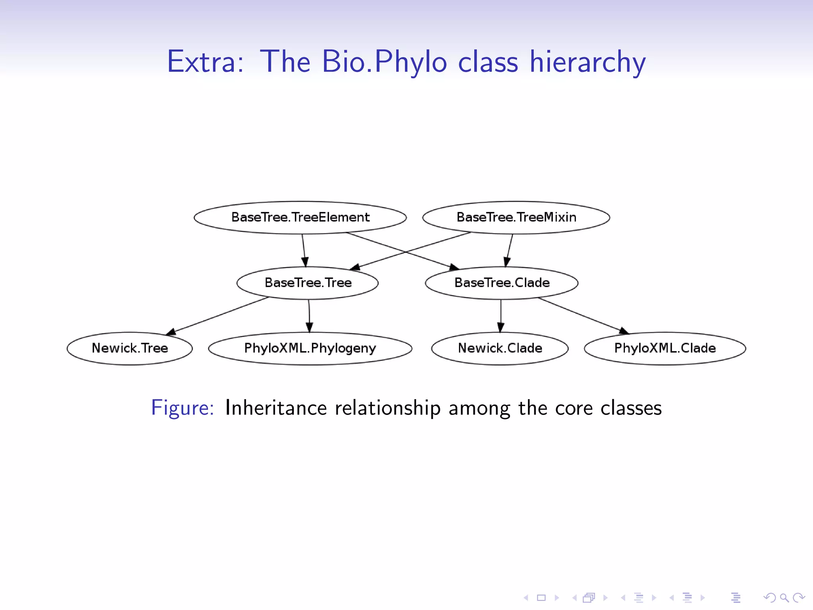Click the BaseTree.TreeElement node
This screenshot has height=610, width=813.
tap(300, 217)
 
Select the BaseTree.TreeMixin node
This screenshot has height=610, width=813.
tap(516, 217)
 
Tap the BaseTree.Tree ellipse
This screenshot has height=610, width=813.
tap(308, 283)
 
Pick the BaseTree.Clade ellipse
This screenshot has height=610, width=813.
tap(502, 283)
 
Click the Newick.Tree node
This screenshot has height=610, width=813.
tap(130, 348)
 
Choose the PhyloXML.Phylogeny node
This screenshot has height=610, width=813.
tap(310, 348)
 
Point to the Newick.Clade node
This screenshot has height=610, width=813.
tap(500, 348)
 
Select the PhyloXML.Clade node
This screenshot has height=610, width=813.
tap(665, 348)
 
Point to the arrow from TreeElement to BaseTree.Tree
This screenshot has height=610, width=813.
tap(304, 250)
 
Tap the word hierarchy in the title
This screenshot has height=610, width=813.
tap(588, 62)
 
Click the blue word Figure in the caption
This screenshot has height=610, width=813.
tap(182, 408)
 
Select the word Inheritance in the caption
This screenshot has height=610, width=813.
tap(275, 408)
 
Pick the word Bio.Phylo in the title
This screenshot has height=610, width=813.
tap(384, 62)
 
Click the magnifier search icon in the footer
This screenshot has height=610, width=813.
tap(784, 597)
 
